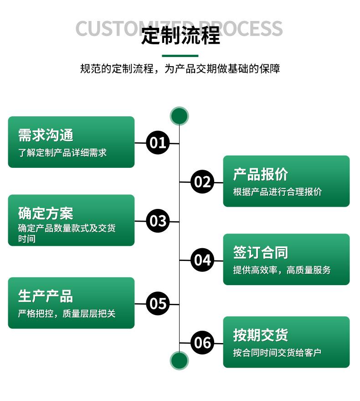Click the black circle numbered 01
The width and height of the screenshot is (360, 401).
click(x=158, y=143)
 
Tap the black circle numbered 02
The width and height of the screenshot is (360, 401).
click(x=202, y=182)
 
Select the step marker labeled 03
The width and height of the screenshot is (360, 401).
click(x=158, y=221)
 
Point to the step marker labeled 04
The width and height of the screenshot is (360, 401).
click(x=202, y=260)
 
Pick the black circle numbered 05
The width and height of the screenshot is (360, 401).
click(x=158, y=303)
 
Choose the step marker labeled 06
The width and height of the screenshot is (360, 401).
click(x=202, y=342)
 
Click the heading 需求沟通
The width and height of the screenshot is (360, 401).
click(x=46, y=135)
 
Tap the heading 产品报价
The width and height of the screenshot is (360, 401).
click(x=261, y=174)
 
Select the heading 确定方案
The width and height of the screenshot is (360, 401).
click(x=46, y=213)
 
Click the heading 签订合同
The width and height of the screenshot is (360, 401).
click(x=261, y=252)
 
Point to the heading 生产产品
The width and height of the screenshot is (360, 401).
click(x=46, y=296)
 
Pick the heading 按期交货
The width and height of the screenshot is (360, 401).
click(x=261, y=335)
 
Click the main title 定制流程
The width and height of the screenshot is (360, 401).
click(x=180, y=36)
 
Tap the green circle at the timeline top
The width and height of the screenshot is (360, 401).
click(x=179, y=116)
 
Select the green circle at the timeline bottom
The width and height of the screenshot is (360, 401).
click(x=179, y=360)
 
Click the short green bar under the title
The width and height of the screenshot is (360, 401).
click(x=180, y=56)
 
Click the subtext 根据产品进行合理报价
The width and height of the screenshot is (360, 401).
click(x=278, y=192)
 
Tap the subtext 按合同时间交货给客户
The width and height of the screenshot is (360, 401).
click(x=278, y=352)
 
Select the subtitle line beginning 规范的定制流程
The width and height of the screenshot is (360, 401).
click(x=180, y=69)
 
